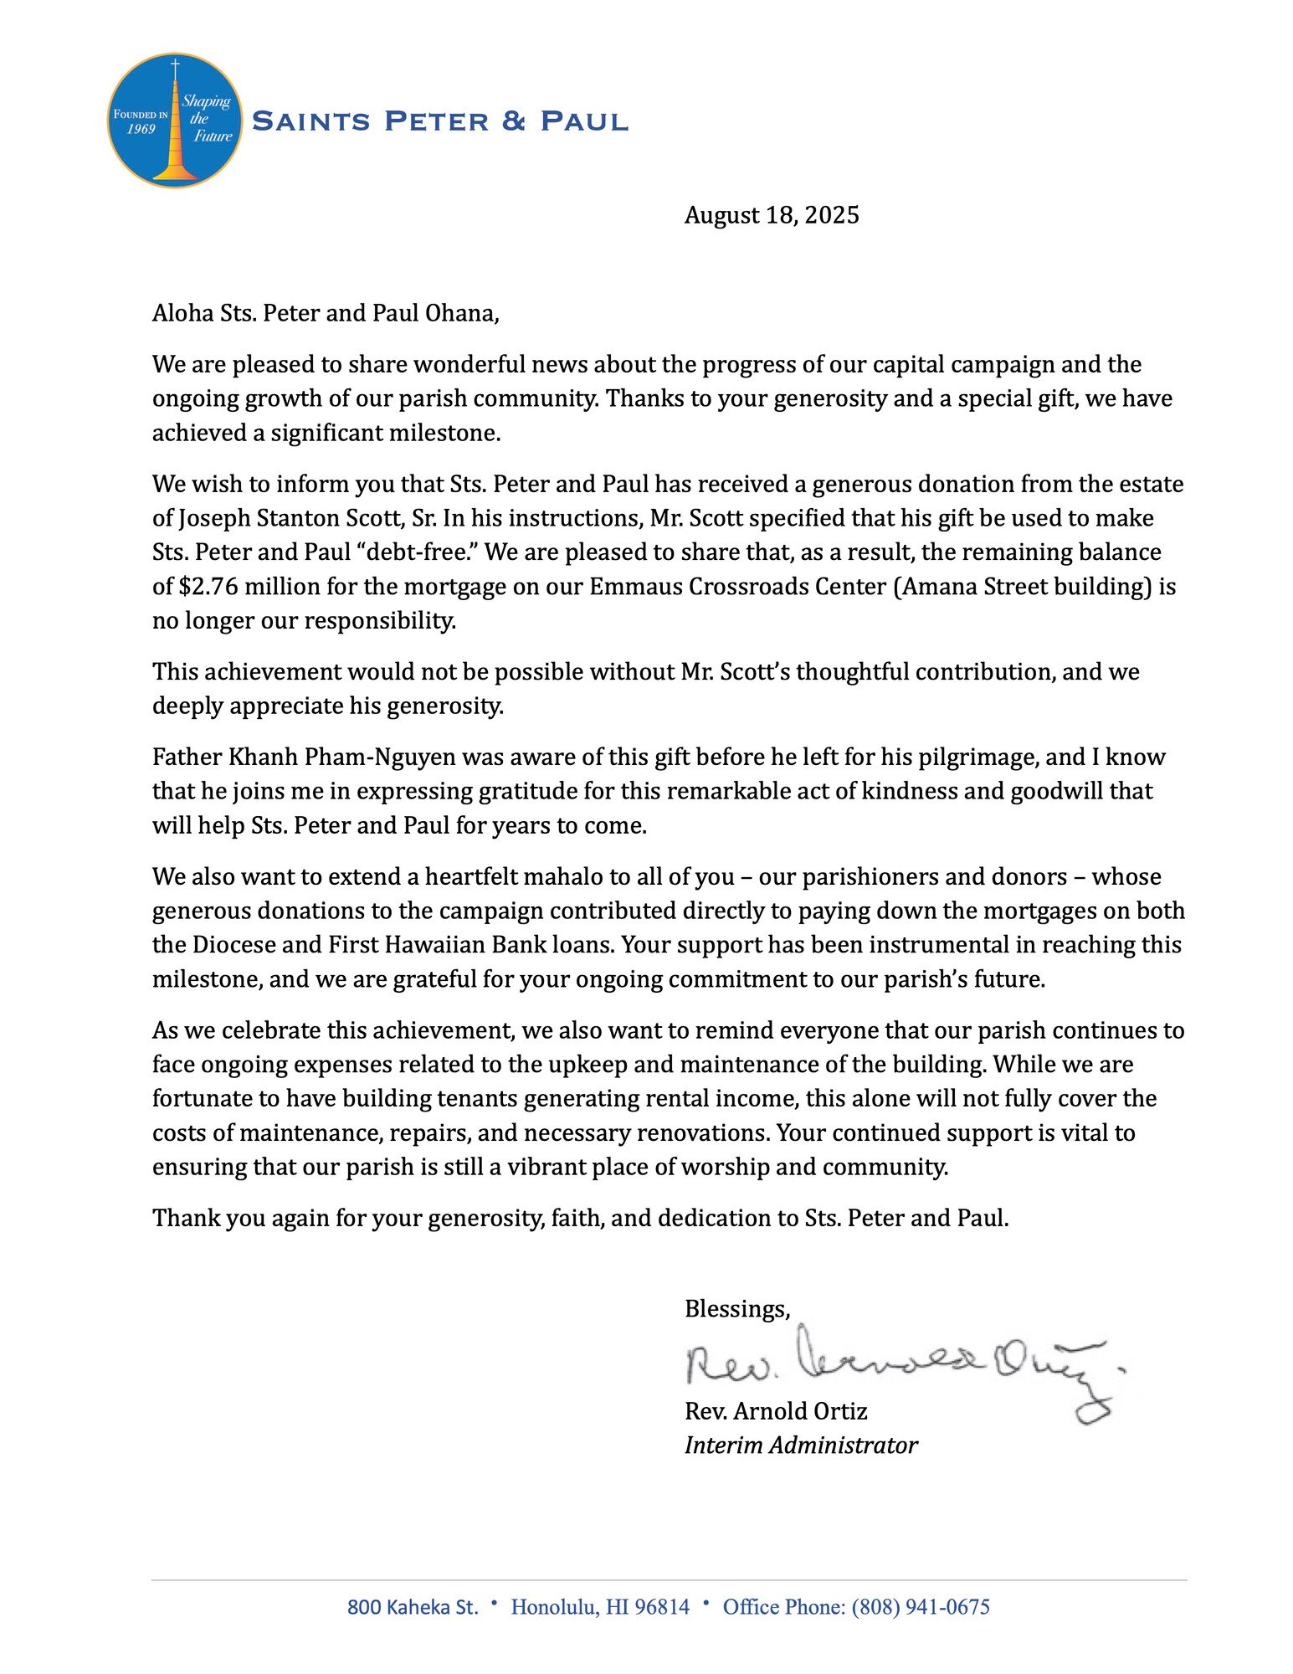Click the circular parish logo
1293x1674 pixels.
(x=175, y=121)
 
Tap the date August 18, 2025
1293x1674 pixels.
(x=771, y=215)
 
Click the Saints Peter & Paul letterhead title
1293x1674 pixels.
(x=439, y=121)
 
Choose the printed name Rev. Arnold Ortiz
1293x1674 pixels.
(x=776, y=1411)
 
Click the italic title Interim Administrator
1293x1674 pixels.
(x=801, y=1445)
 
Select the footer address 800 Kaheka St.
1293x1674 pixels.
(x=413, y=1607)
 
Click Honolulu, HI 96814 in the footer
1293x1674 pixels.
(x=600, y=1607)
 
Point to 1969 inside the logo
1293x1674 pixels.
(x=141, y=129)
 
